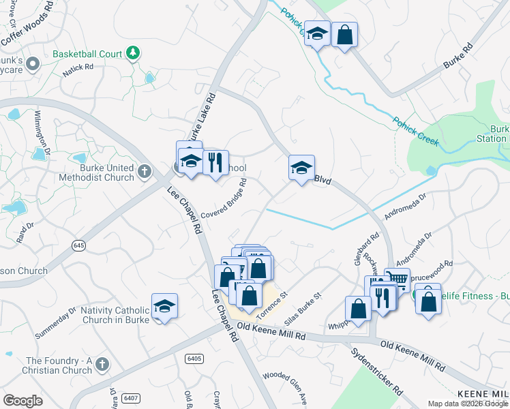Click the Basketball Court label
click(x=87, y=54)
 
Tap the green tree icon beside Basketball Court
click(x=134, y=52)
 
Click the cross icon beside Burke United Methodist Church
click(x=144, y=172)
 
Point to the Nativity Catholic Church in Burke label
click(x=114, y=315)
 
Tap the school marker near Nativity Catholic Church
click(x=165, y=306)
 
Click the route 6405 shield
click(x=194, y=359)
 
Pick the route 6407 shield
click(x=128, y=397)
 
